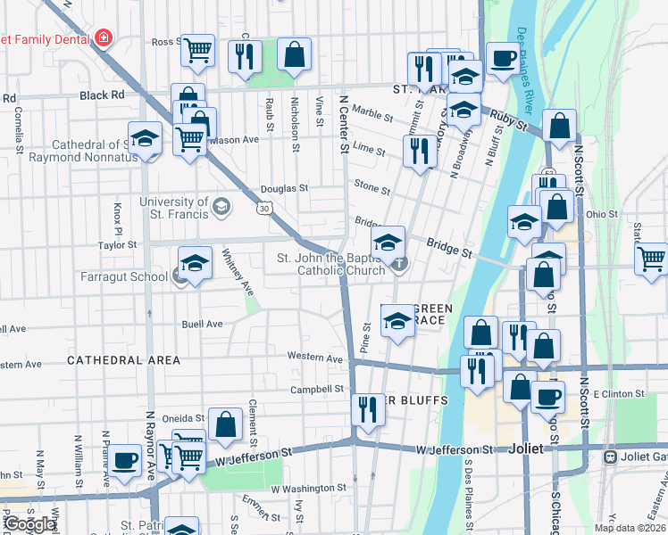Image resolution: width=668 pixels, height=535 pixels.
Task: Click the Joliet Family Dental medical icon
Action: [104, 38]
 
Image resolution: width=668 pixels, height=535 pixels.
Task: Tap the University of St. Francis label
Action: [173, 208]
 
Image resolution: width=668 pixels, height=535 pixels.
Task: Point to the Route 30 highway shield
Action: [263, 208]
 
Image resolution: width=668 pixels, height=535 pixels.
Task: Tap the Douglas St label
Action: [284, 189]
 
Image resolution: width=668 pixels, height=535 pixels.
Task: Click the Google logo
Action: [29, 524]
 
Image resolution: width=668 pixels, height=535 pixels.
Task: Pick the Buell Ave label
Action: [202, 324]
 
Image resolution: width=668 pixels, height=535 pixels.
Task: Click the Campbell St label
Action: [317, 390]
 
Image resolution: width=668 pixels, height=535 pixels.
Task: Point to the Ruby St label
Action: [510, 121]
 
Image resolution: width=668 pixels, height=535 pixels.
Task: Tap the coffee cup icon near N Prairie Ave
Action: [125, 460]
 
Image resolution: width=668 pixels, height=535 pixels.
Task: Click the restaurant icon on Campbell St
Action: [367, 409]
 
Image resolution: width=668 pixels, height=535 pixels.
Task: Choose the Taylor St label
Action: [116, 243]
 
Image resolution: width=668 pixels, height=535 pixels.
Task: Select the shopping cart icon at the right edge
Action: [652, 259]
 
